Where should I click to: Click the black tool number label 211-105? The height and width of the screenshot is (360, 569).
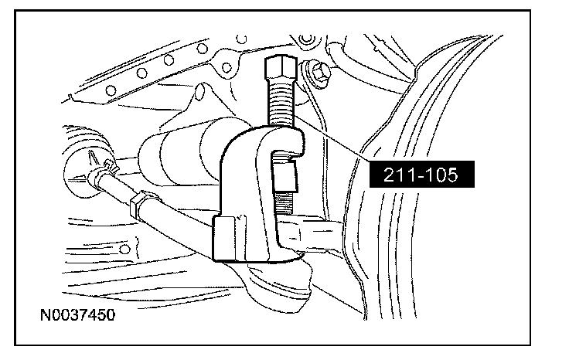[421, 175]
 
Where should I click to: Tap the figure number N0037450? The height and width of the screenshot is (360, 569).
[77, 314]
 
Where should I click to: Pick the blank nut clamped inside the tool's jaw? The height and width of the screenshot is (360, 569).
[285, 176]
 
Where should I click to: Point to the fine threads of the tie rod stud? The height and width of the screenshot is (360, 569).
[284, 203]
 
